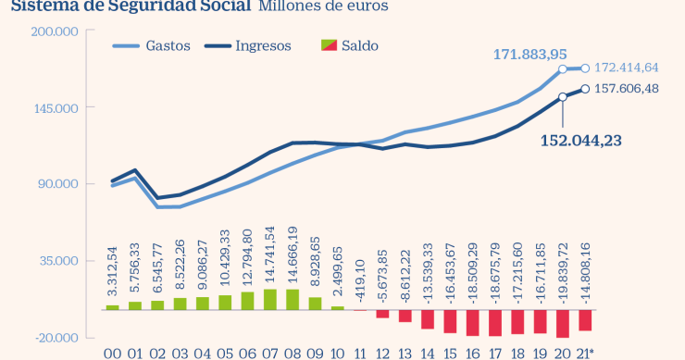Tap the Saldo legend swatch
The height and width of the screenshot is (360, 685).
pos(329,45)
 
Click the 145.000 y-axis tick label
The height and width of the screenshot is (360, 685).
pos(58,107)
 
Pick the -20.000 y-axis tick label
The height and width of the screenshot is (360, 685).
pos(58,337)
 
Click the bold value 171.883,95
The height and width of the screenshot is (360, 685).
pos(529,56)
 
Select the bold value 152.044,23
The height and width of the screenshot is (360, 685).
pos(582,140)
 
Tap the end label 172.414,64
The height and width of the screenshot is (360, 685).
pos(626,68)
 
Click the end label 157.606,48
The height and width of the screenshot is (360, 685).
pos(626,89)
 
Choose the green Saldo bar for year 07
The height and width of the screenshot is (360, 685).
pos(269,299)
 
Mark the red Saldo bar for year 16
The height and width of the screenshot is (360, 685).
pos(472,322)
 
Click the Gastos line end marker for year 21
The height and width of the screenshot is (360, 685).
pos(585,68)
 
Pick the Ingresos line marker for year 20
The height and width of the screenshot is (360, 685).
pos(563,97)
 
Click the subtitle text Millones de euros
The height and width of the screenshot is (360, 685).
pos(323,6)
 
